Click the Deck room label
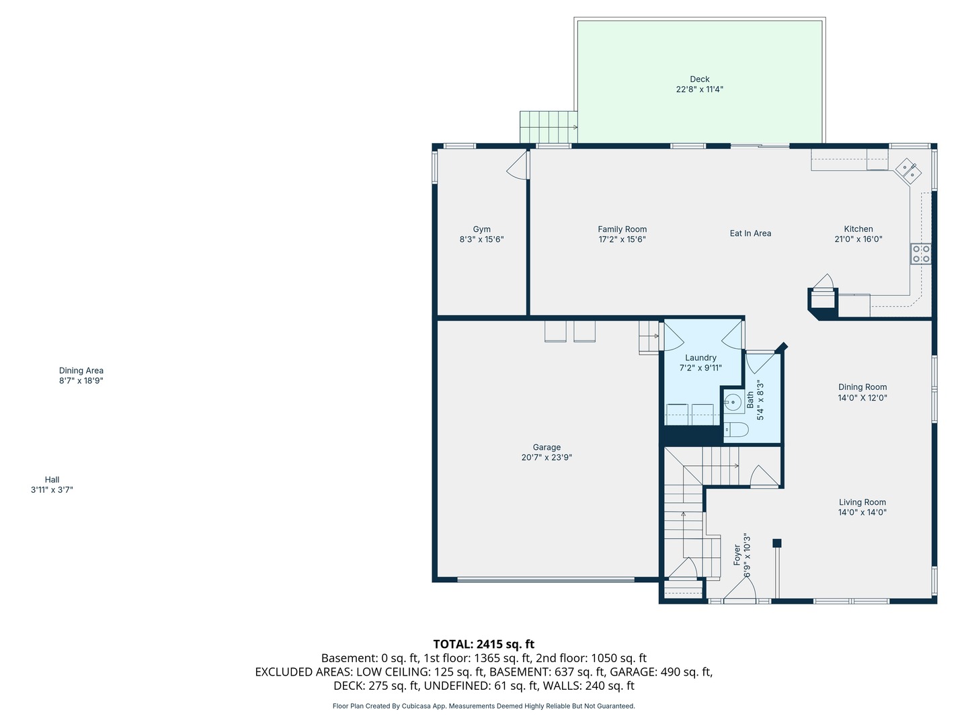point(699,79)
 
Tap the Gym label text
point(481,229)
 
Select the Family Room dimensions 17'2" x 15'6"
point(622,239)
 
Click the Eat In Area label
point(750,233)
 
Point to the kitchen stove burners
point(921,254)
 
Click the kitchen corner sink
point(908,171)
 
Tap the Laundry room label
point(700,358)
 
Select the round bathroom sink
point(733,403)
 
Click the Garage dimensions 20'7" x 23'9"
point(547,457)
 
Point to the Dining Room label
point(862,387)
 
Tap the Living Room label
point(862,502)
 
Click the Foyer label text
point(737,555)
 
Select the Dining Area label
point(81,370)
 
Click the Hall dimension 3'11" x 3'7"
point(52,490)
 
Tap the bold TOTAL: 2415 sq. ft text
point(484,644)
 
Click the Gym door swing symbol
point(517,165)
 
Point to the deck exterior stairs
point(549,127)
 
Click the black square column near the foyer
point(776,543)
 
